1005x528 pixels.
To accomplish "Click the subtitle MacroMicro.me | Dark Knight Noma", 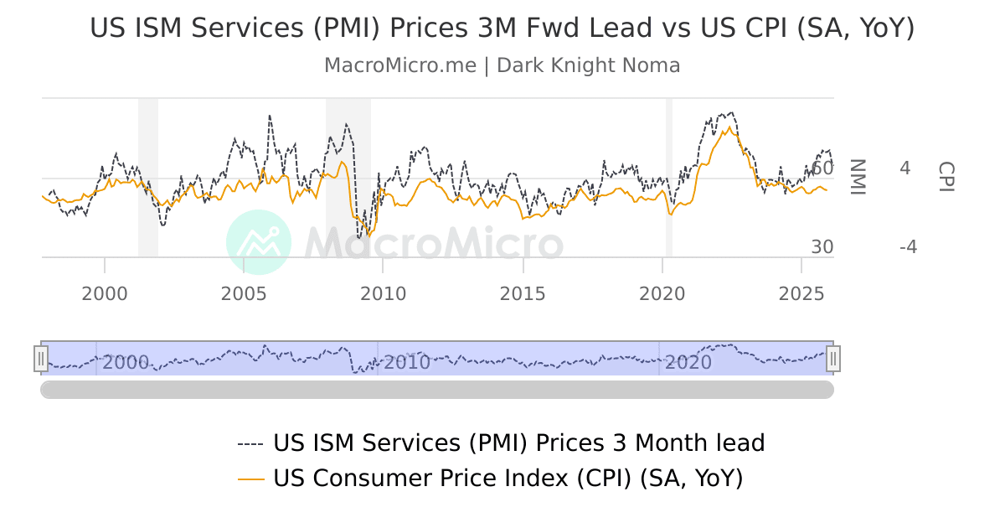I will click(502, 65).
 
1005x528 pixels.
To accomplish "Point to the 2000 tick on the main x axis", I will click(105, 293).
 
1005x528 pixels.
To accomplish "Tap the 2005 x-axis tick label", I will click(244, 293).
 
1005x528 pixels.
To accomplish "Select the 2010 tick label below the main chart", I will click(384, 293).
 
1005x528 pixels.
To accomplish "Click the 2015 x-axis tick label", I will click(523, 293).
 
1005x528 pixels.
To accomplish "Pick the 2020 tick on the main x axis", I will click(662, 293).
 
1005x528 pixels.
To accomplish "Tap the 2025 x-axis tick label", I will click(801, 293).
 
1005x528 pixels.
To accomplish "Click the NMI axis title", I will click(856, 177).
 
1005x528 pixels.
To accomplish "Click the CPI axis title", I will click(945, 177).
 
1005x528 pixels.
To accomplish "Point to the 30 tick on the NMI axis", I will click(822, 247).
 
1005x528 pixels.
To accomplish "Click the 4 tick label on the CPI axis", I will click(904, 168).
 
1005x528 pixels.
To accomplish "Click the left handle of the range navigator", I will click(40, 359).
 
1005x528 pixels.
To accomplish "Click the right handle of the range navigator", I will click(832, 359).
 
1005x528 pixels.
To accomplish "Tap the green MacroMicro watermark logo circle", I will click(259, 242).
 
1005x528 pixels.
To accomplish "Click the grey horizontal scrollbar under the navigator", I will click(436, 390).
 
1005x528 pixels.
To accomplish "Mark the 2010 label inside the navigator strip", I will click(405, 363).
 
